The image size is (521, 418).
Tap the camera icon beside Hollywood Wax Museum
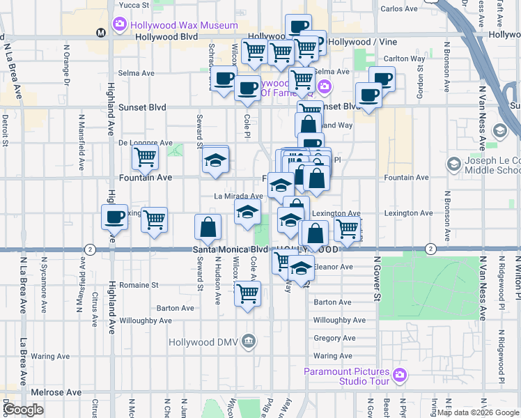click(x=119, y=25)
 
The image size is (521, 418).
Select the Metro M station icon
click(x=101, y=32)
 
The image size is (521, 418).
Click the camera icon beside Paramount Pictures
click(x=399, y=375)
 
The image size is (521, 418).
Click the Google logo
click(x=24, y=409)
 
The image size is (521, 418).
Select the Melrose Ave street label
click(x=59, y=393)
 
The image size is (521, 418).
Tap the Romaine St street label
click(x=139, y=285)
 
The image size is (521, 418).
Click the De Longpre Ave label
click(x=145, y=143)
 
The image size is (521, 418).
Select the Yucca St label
click(x=134, y=5)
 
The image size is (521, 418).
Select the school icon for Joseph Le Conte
click(x=454, y=164)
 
